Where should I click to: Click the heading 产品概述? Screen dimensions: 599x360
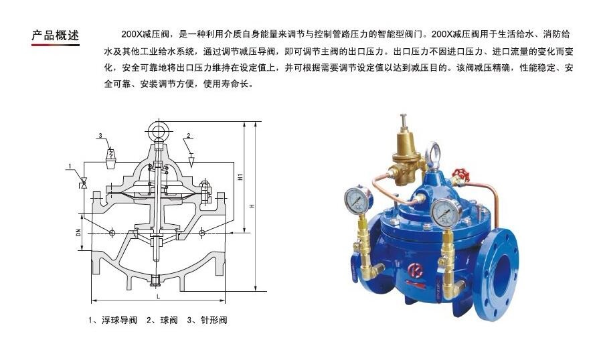(x=56, y=35)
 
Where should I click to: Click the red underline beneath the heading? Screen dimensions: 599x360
(x=56, y=45)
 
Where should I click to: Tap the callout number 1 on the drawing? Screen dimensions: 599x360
(x=70, y=166)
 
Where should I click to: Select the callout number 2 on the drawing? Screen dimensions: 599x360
(x=188, y=136)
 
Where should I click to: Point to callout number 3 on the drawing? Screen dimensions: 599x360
(x=100, y=136)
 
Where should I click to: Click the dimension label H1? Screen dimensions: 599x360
(x=241, y=177)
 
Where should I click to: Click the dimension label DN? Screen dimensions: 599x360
(x=78, y=232)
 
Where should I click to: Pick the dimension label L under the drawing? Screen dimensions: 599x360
(x=158, y=296)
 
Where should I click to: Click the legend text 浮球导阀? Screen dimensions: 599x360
(x=119, y=320)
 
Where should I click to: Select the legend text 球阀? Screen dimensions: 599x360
(x=169, y=320)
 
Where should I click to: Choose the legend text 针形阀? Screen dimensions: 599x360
(x=213, y=320)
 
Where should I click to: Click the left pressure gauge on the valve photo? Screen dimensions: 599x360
(x=358, y=199)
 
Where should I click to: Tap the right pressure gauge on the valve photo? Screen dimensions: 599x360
(x=446, y=213)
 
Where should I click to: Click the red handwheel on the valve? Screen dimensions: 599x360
(x=461, y=175)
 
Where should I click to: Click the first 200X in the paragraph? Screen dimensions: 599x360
(x=132, y=34)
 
